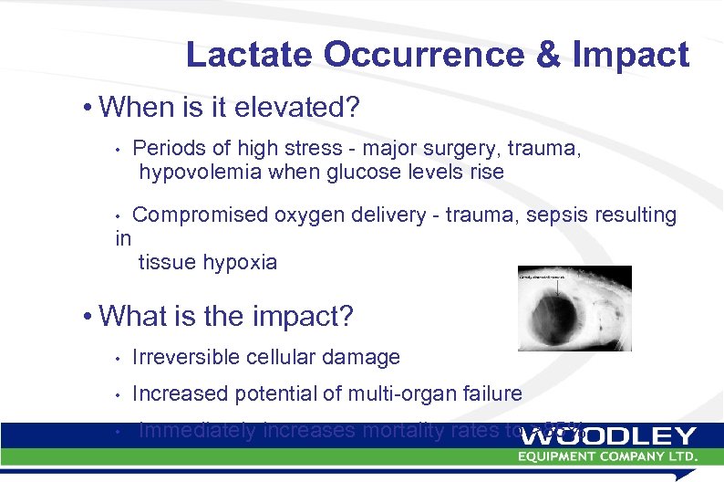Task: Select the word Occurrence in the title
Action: (425, 56)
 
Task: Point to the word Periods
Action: (168, 148)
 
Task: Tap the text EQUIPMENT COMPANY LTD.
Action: (608, 455)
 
